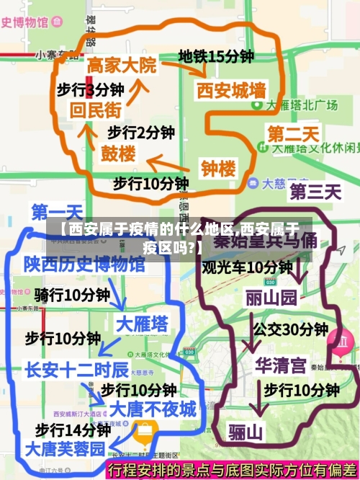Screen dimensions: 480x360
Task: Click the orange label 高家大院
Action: (x=121, y=66)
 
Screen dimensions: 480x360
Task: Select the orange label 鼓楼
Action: (x=117, y=154)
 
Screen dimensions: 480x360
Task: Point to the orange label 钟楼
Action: (x=218, y=169)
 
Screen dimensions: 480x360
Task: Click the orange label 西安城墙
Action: (x=231, y=91)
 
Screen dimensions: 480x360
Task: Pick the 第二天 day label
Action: (x=293, y=134)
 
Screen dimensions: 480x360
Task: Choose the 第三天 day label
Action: (x=315, y=192)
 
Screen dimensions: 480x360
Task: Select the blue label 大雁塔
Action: (x=142, y=321)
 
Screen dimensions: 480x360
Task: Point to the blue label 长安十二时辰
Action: (x=76, y=370)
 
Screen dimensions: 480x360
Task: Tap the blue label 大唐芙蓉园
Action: (x=65, y=448)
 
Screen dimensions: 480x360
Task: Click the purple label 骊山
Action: (x=246, y=432)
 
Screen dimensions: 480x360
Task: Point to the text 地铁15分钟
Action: (x=216, y=55)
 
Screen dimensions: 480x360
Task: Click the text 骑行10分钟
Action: (x=72, y=295)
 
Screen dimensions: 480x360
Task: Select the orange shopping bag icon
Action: (x=145, y=431)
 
